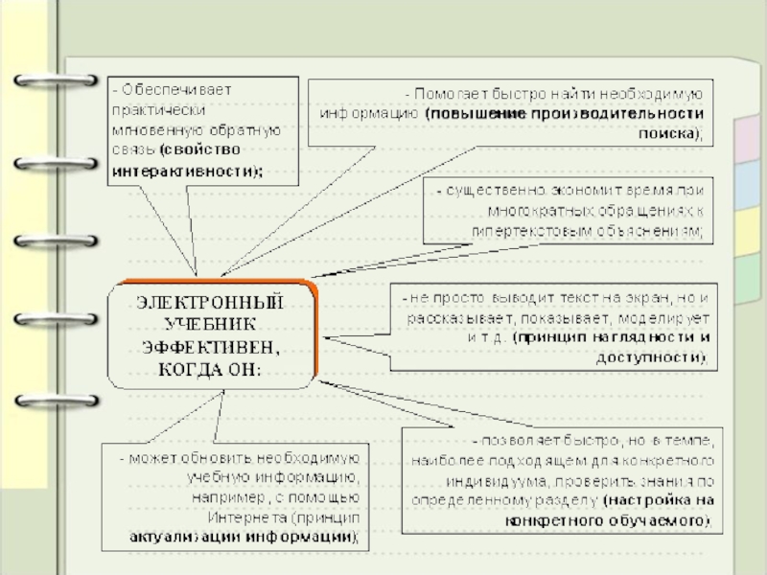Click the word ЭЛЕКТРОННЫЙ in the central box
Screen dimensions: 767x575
click(x=212, y=302)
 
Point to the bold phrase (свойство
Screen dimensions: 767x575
click(x=200, y=151)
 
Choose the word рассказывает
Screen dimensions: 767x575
click(x=453, y=318)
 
